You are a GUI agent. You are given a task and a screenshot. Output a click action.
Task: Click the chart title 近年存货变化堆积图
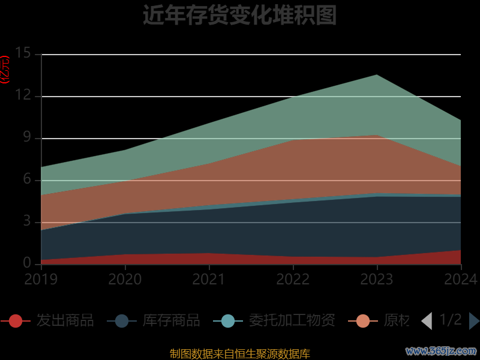point(239,15)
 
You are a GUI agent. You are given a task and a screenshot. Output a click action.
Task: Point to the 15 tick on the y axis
point(23,53)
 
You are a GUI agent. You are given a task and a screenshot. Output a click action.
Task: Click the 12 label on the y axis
point(23,95)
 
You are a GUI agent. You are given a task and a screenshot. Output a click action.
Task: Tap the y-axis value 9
point(27,137)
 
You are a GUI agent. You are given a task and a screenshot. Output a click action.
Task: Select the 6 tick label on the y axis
point(27,179)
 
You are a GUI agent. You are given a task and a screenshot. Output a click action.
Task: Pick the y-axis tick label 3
point(27,221)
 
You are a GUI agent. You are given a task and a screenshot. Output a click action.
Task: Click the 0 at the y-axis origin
point(27,263)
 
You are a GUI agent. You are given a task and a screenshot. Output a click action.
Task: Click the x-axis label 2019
point(41,279)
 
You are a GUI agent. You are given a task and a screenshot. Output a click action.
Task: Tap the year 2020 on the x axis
point(125,279)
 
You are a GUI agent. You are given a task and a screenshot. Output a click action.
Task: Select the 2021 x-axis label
point(209,279)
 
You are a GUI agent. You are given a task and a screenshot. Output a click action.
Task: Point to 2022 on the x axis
point(293,279)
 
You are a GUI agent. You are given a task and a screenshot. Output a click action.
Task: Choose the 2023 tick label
point(377,279)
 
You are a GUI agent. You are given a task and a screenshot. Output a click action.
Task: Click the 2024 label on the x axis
point(461,279)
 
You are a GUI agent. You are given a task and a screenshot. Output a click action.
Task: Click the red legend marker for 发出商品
point(16,320)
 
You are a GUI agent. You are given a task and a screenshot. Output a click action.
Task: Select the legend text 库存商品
point(171,320)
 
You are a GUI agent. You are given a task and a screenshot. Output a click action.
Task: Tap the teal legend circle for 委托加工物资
point(228,320)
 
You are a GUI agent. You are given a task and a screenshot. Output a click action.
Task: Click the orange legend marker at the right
point(363,320)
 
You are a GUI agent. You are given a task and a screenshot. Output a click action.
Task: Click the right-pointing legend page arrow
point(474,321)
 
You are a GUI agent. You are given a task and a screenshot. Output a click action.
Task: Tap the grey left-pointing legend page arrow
point(427,321)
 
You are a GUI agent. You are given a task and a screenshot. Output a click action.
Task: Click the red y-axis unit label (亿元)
point(5,69)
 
